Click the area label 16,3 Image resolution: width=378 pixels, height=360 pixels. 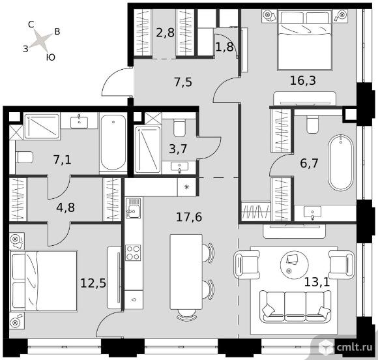click(303, 81)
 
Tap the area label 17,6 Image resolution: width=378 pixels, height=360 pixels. click(189, 217)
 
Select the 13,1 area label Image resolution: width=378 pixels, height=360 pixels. click(317, 282)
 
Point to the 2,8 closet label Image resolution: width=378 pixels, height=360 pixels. click(165, 33)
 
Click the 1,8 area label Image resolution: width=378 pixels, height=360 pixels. click(224, 47)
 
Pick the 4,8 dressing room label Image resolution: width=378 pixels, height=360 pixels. click(66, 207)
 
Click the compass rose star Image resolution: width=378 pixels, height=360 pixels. click(41, 40)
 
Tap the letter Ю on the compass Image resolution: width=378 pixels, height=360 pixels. click(51, 57)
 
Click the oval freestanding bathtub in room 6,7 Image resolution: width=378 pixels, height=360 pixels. click(341, 163)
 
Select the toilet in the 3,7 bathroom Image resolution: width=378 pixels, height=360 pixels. click(179, 128)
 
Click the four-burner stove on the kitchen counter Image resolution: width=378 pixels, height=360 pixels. click(133, 252)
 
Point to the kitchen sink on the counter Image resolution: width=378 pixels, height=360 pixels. click(133, 209)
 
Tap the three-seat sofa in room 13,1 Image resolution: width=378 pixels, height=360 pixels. click(295, 306)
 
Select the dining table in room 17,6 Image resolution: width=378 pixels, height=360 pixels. click(186, 272)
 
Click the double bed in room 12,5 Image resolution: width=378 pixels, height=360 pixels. click(44, 281)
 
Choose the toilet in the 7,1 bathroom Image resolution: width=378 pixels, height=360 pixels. click(24, 157)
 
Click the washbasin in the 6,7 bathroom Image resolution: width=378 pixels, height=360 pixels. click(312, 213)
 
